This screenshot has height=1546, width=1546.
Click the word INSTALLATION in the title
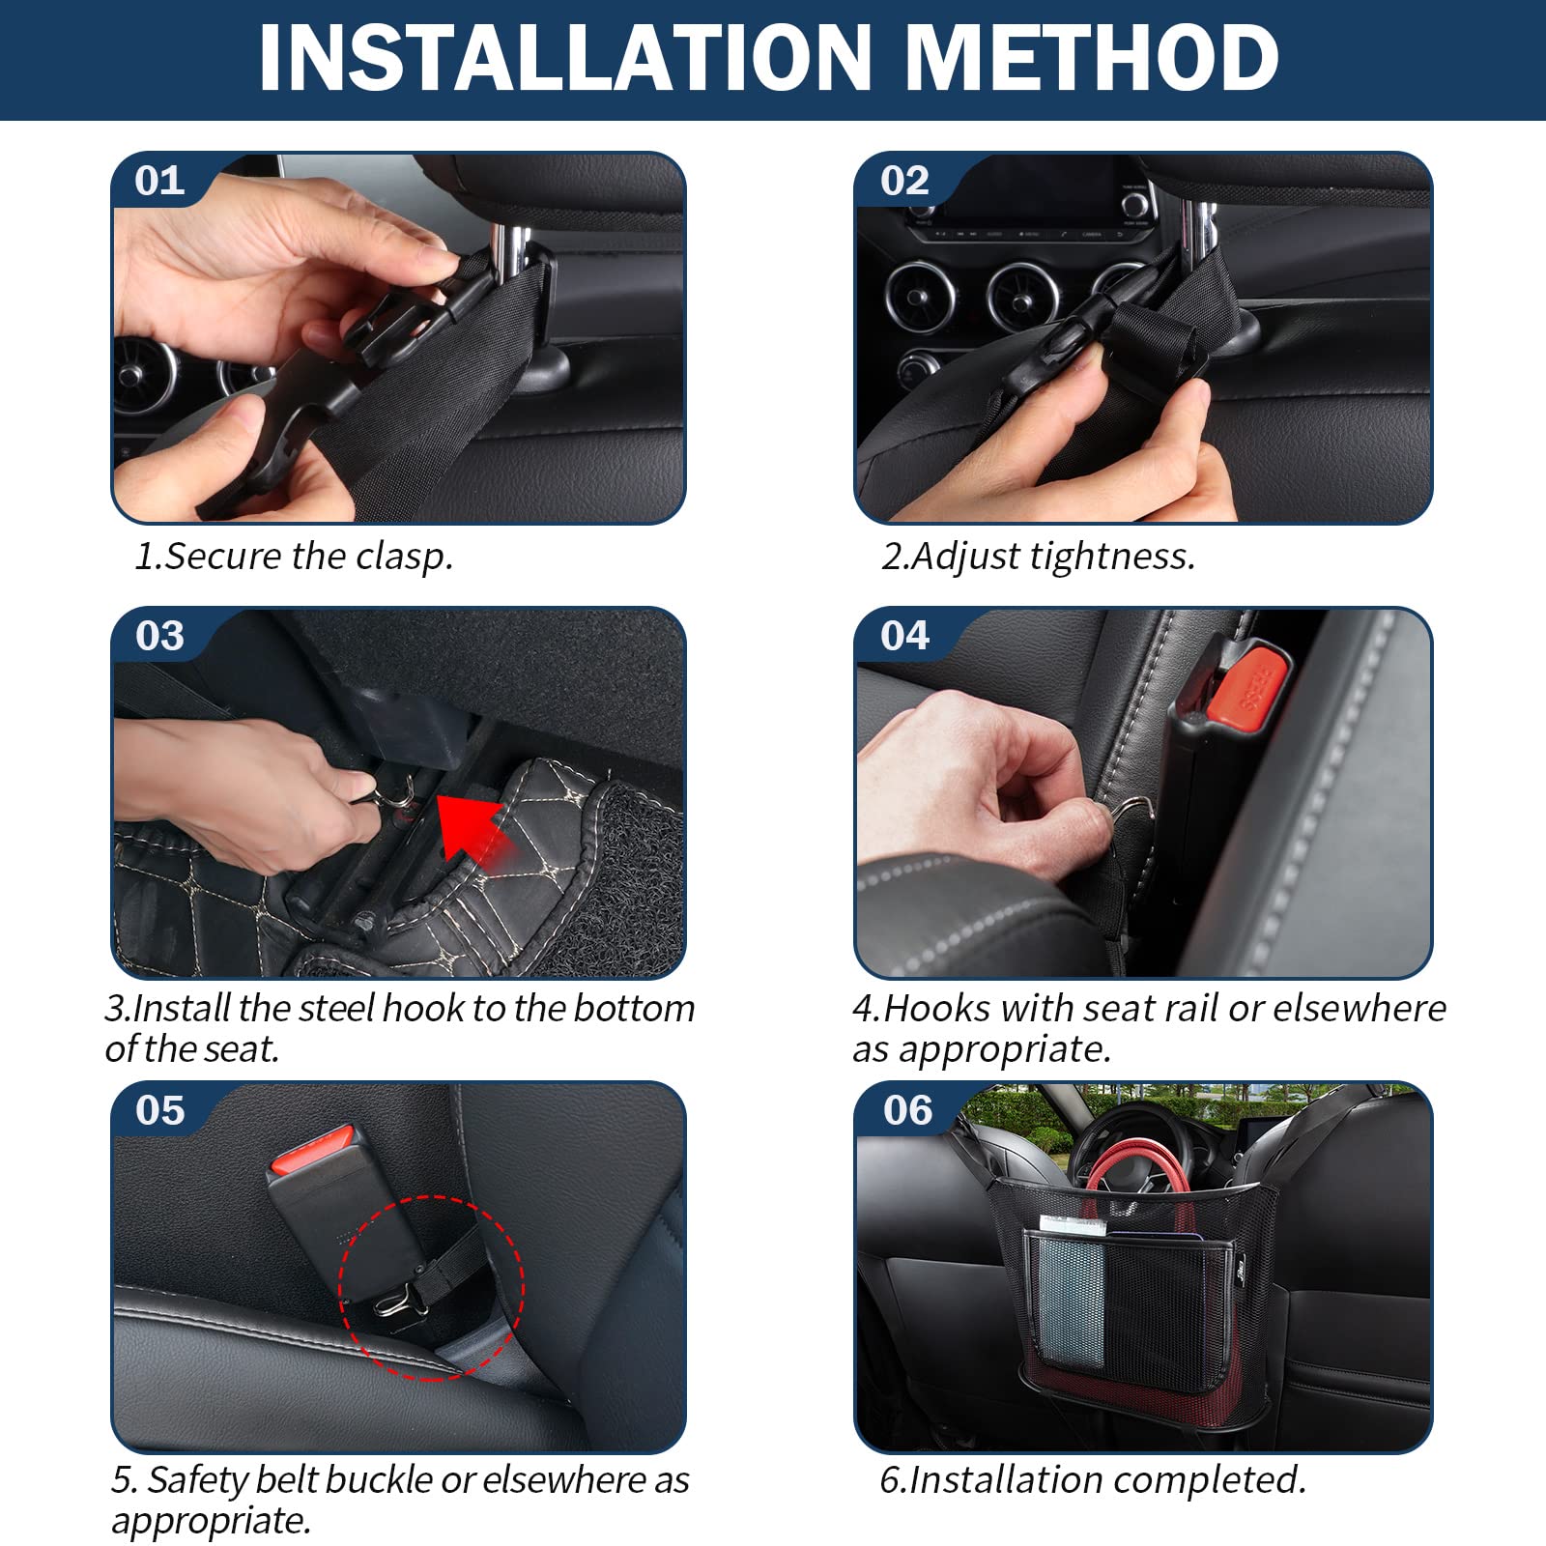tap(566, 58)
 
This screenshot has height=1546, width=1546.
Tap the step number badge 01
tap(159, 181)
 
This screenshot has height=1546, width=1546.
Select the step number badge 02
tap(904, 181)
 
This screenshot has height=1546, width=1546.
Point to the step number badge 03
tap(159, 636)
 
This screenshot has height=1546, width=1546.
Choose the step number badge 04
tap(905, 636)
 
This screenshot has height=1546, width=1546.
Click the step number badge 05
tap(159, 1110)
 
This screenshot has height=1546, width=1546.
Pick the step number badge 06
tap(907, 1110)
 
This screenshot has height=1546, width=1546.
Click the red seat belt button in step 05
tap(315, 1150)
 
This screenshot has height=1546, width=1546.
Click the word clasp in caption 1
tap(404, 557)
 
